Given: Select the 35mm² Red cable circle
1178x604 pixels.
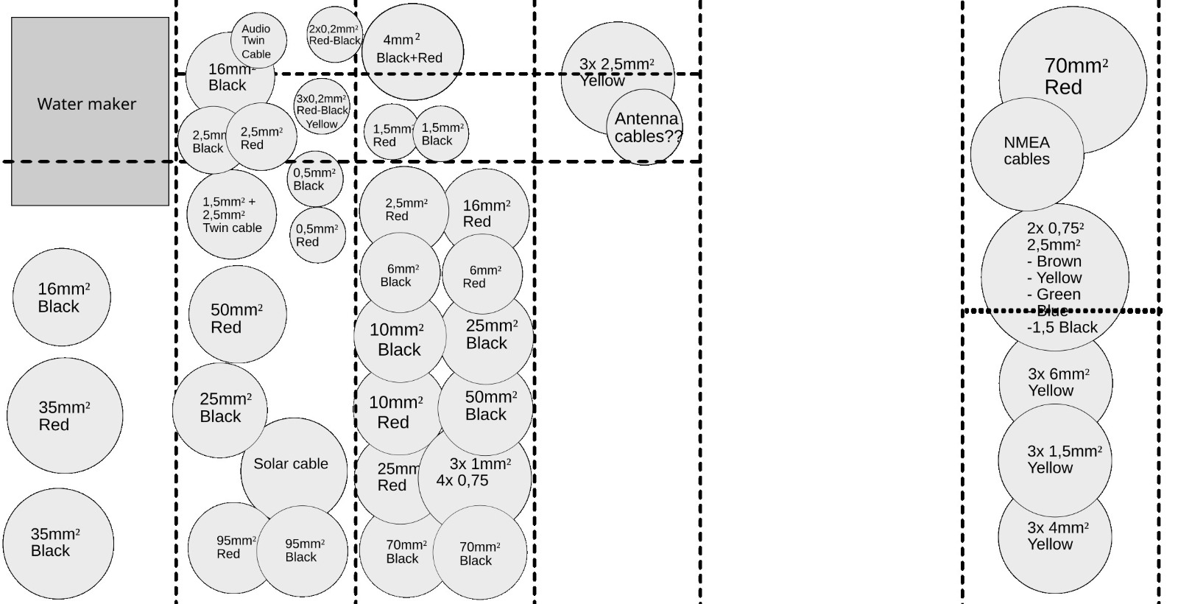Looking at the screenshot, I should [x=65, y=415].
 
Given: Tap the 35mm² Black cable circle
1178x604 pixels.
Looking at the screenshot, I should [x=58, y=543].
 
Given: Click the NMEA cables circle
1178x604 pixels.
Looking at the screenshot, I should [x=1026, y=152].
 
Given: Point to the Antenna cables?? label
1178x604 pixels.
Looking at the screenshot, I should [x=647, y=127].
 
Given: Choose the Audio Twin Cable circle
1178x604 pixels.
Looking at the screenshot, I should [x=258, y=41].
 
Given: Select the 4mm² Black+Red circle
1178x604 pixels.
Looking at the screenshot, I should [x=412, y=49].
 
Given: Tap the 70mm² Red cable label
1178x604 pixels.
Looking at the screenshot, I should [x=1075, y=77].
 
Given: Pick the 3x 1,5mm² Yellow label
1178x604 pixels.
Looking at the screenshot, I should [x=1064, y=459].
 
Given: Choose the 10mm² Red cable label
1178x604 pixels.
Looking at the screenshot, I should [x=395, y=412].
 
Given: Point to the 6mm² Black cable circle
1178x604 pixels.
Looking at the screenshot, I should [x=400, y=273].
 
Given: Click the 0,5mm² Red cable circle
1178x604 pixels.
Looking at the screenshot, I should [x=317, y=235].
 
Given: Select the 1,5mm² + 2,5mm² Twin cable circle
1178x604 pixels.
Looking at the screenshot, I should [x=231, y=214].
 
